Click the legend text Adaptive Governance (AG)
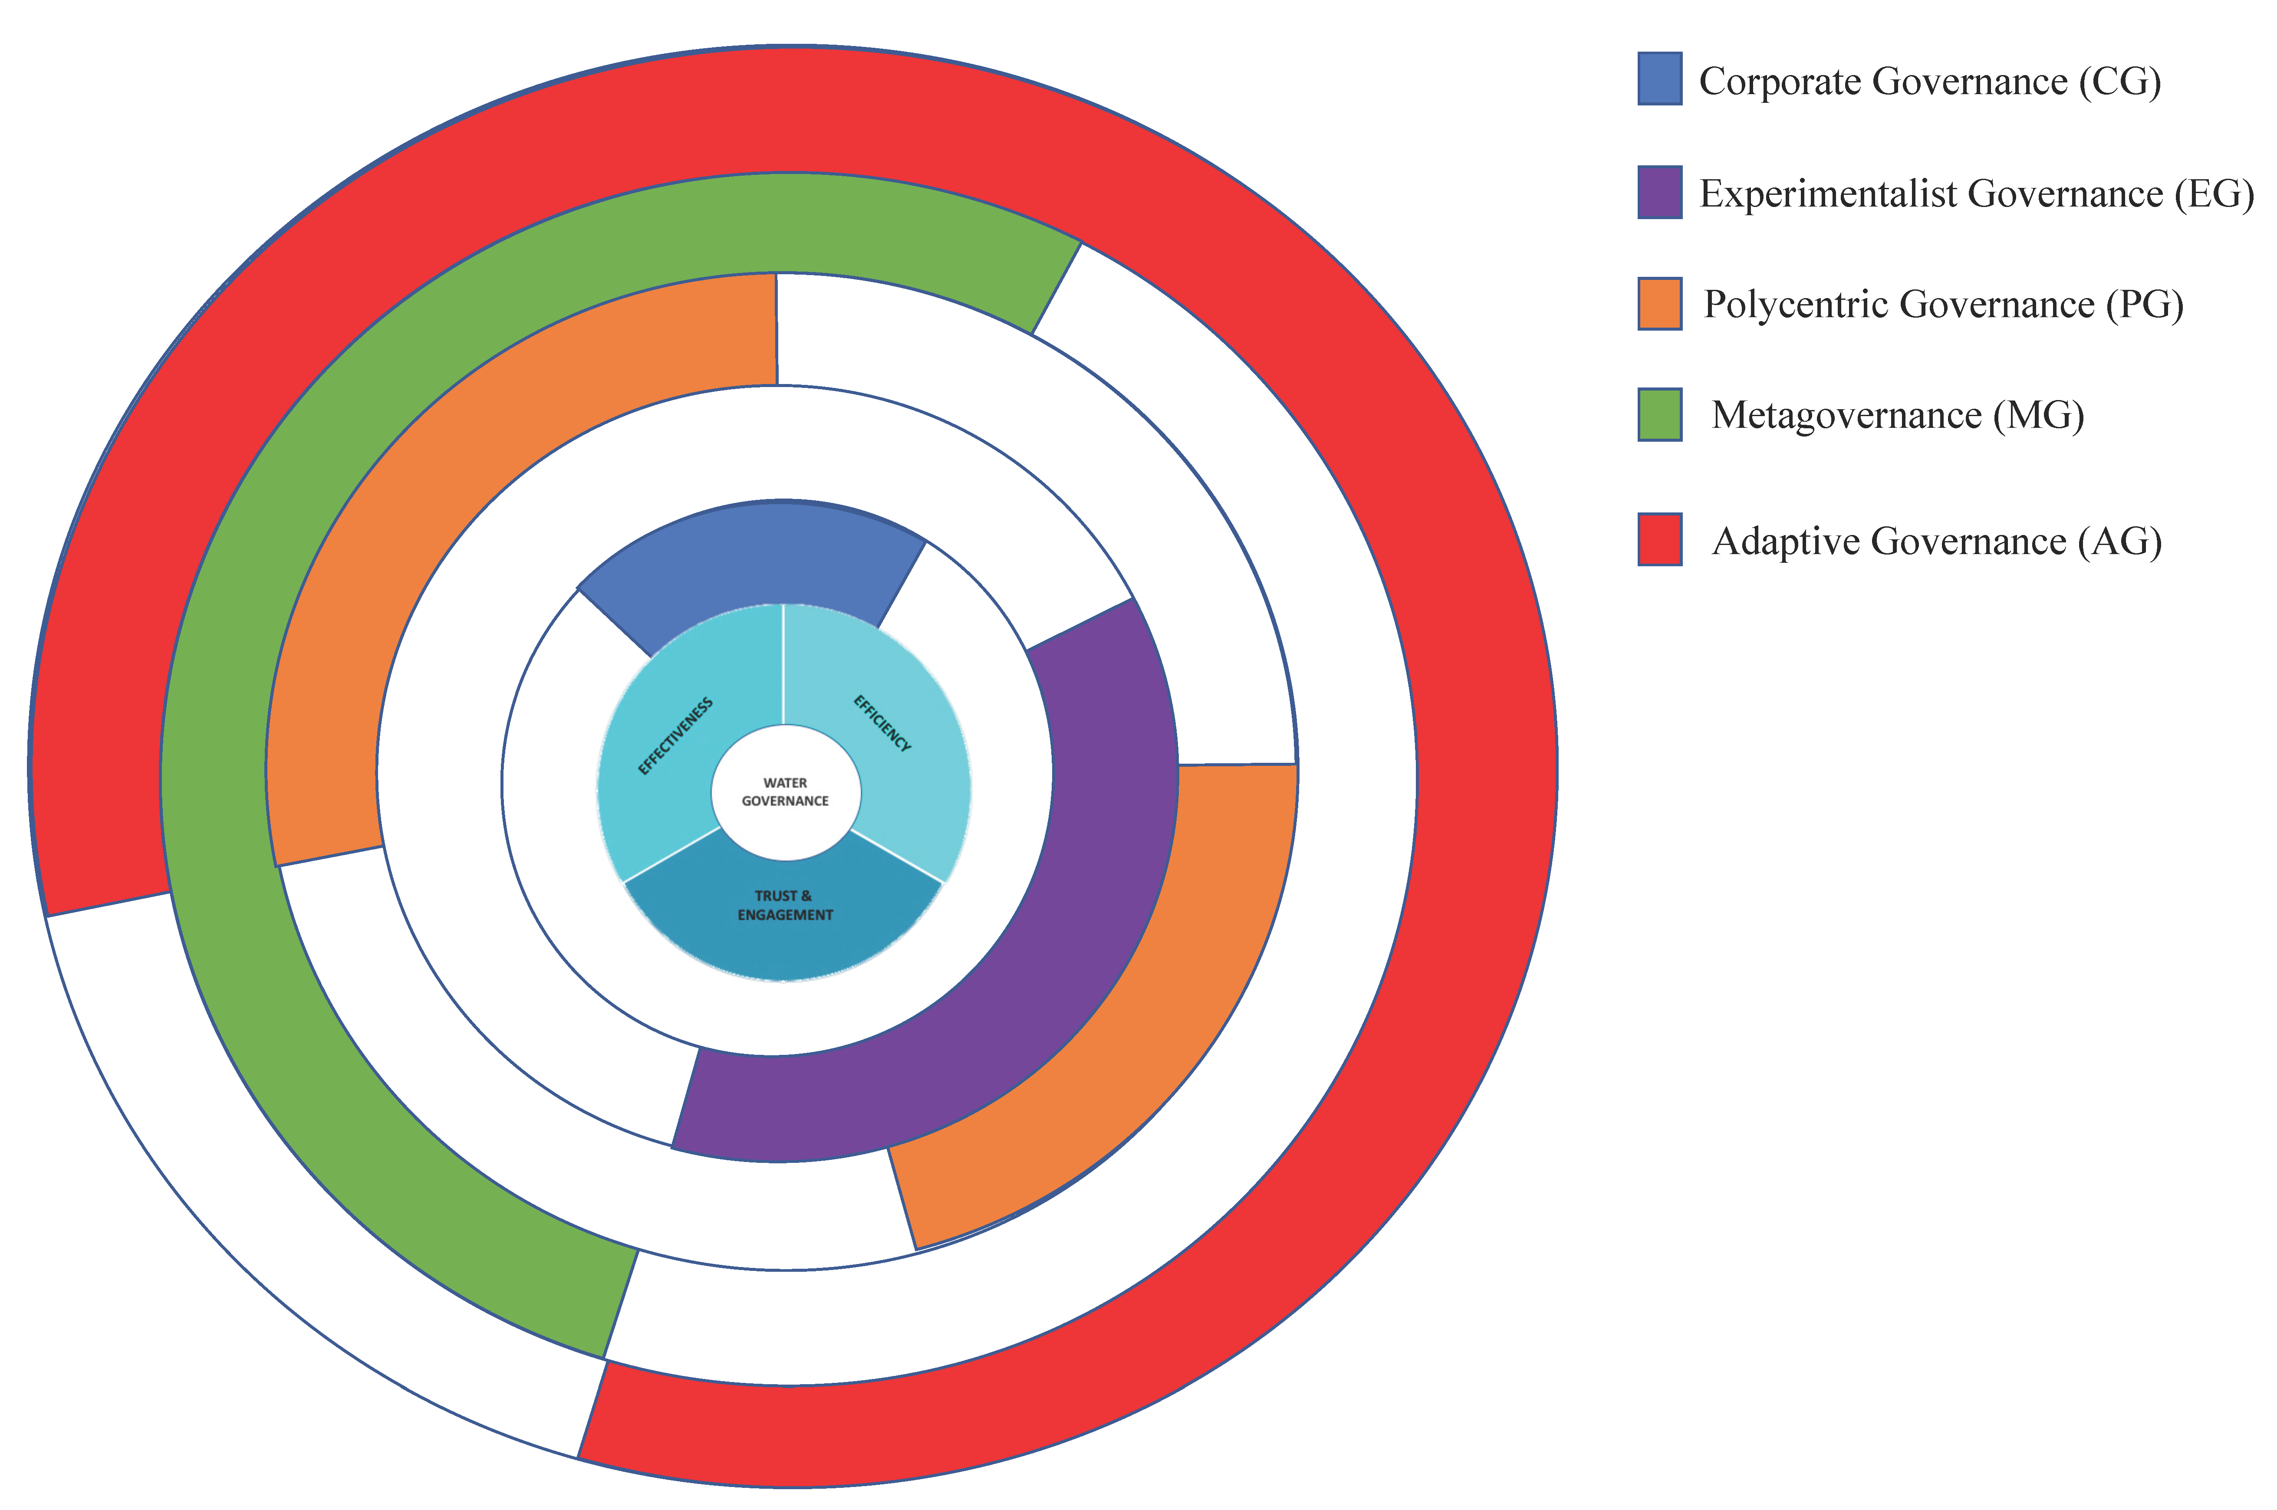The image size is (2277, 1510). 1936,541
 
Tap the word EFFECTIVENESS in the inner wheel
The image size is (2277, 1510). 676,736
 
